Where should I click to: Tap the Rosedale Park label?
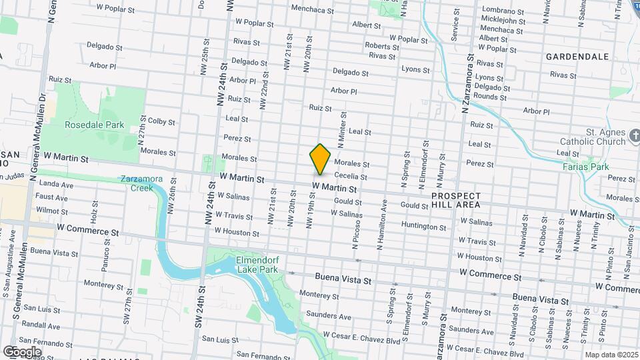[x=95, y=125]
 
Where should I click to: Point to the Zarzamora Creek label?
[x=137, y=183]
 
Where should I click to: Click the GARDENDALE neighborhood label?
[x=577, y=57]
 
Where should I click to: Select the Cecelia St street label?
[x=351, y=176]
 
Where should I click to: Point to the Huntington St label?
[x=424, y=227]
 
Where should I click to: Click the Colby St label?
[x=161, y=121]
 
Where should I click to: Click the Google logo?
[x=22, y=351]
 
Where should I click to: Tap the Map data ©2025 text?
[x=610, y=355]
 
